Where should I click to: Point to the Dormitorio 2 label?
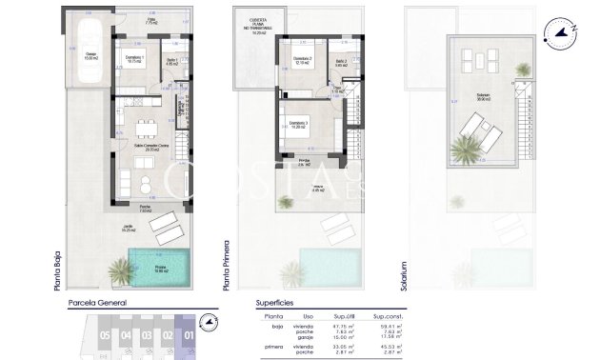(302, 60)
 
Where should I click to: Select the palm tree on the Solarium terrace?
(468, 149)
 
